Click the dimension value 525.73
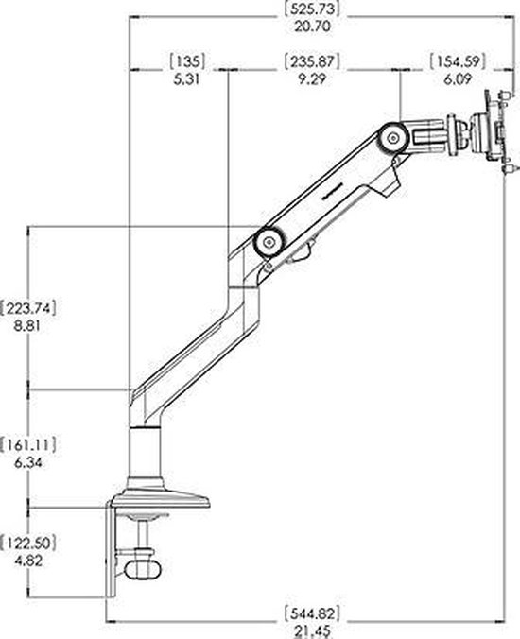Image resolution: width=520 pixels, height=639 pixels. pos(312,9)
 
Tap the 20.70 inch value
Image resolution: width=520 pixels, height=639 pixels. pos(312,26)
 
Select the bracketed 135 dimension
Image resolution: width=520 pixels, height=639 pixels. pos(187,61)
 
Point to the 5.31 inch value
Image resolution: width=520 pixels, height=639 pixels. pos(186,79)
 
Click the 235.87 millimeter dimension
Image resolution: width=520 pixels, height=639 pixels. pos(312,61)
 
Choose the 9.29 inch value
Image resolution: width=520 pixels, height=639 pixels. pos(312,79)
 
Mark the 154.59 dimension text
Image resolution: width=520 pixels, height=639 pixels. pos(458,61)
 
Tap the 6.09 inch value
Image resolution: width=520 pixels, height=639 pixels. pos(458,79)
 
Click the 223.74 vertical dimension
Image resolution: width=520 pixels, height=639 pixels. pos(27,308)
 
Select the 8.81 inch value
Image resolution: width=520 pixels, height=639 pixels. pos(27,326)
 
